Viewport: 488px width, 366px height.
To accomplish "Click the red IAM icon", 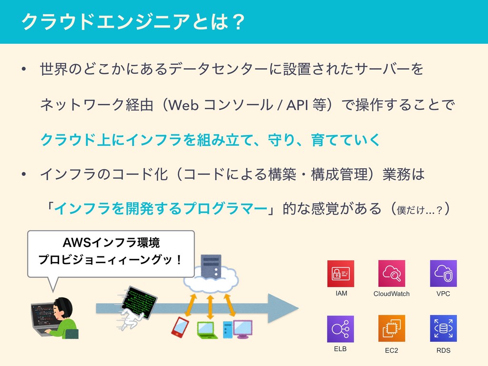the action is click(340, 274).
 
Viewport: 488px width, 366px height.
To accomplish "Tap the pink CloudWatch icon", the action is click(391, 274).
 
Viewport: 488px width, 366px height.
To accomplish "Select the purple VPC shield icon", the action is click(443, 274).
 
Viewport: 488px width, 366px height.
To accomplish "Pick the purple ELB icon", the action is click(340, 329).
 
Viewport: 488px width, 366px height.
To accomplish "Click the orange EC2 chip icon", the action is click(391, 329).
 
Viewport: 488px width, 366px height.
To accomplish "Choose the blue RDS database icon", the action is click(443, 329).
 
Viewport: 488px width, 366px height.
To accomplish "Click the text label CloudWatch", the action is click(391, 294).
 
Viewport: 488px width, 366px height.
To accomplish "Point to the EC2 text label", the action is click(391, 350).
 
